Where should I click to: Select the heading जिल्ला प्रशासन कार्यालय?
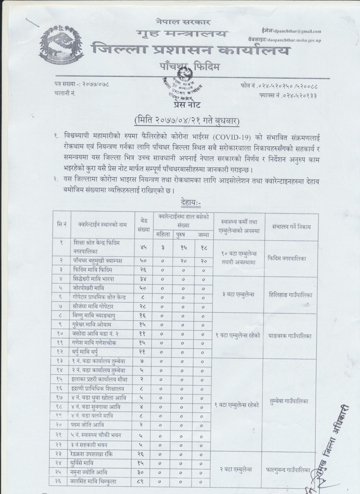[x=190, y=51]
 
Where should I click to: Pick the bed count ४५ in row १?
[x=144, y=247]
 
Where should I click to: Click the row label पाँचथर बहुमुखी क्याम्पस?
[x=97, y=261]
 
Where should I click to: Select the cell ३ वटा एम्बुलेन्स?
[x=237, y=295]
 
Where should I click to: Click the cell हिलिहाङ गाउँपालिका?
[x=291, y=295]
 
